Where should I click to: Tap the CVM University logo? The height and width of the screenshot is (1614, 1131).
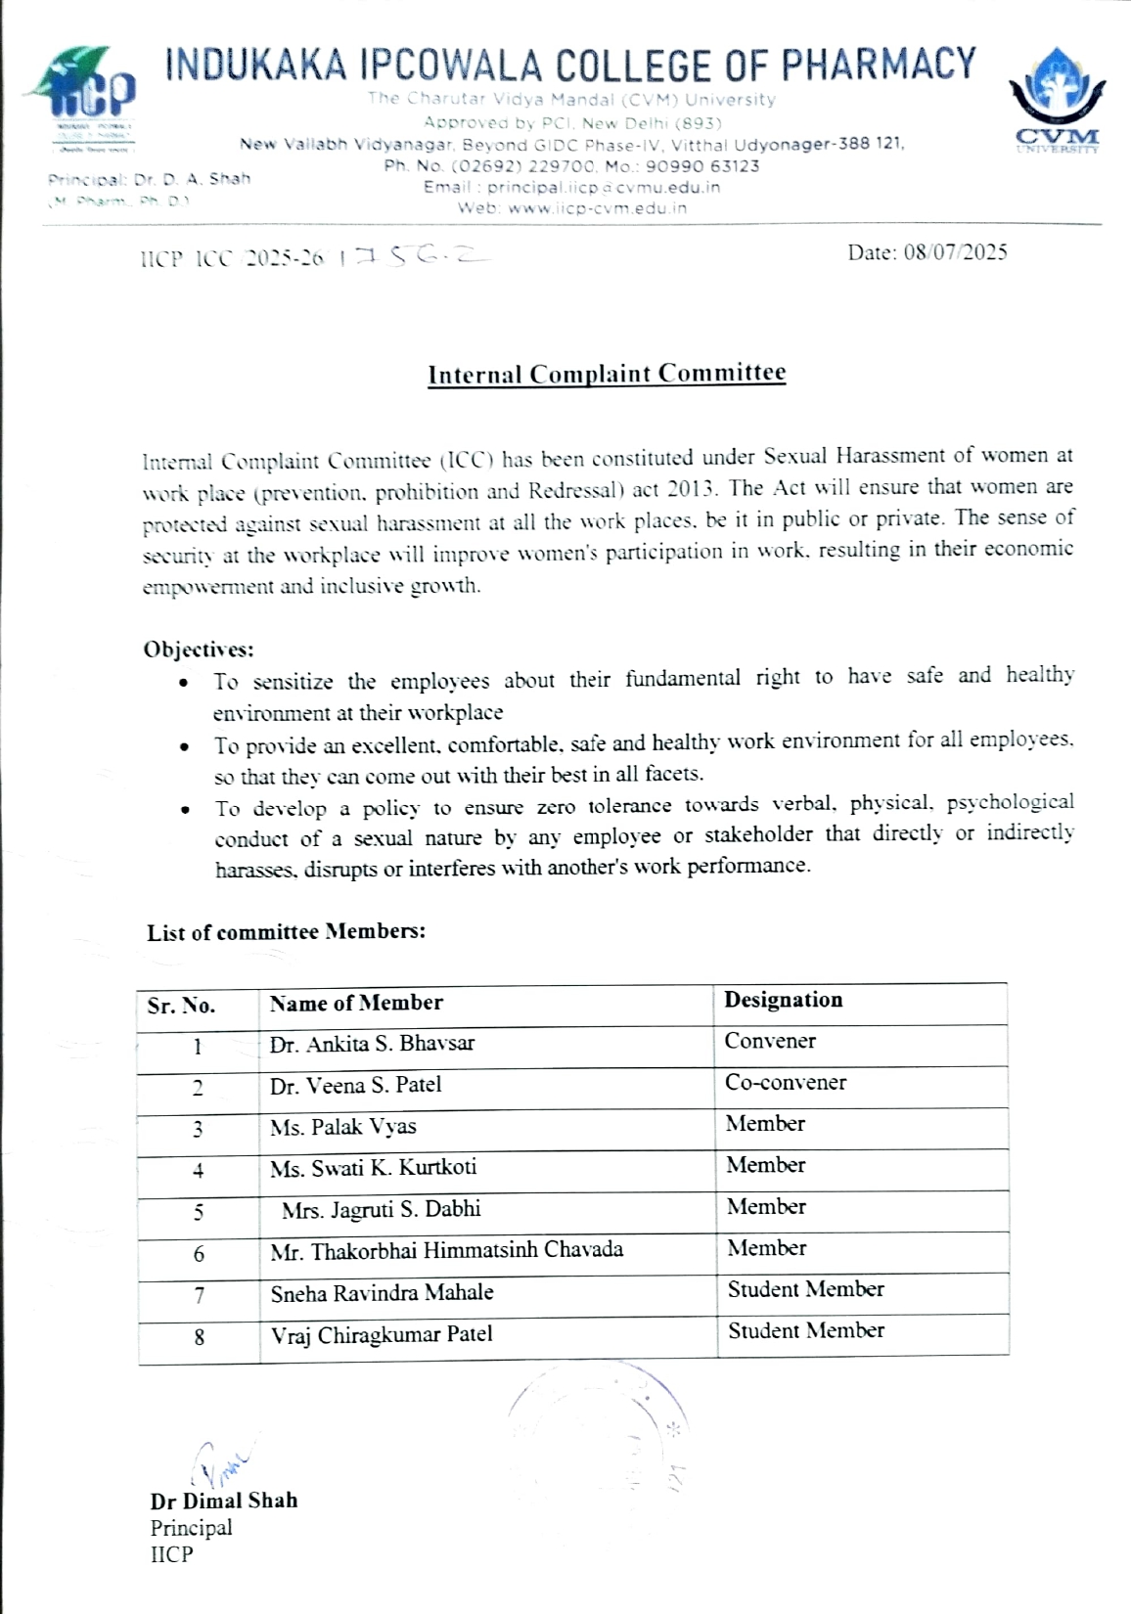[1057, 98]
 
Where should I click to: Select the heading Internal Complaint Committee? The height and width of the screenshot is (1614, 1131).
[607, 374]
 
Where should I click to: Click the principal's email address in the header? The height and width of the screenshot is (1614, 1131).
[604, 187]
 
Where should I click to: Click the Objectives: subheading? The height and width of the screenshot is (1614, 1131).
[199, 649]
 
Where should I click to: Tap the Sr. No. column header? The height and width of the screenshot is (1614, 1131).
[181, 1006]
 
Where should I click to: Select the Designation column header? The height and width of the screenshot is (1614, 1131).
[783, 1000]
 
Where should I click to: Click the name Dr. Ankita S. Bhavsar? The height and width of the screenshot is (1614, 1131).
[372, 1044]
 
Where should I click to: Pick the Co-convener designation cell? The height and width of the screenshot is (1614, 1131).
[785, 1083]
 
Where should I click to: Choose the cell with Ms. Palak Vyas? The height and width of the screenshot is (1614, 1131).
[342, 1127]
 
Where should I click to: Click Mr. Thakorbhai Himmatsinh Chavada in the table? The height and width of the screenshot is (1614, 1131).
[446, 1250]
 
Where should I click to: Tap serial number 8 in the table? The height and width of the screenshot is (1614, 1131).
[199, 1336]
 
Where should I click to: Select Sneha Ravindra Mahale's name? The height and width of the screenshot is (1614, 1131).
[382, 1293]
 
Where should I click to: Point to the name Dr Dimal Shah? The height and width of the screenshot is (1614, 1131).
[223, 1501]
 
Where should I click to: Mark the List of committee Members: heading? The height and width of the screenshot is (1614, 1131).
[286, 931]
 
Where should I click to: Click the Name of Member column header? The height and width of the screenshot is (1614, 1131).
[356, 1003]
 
